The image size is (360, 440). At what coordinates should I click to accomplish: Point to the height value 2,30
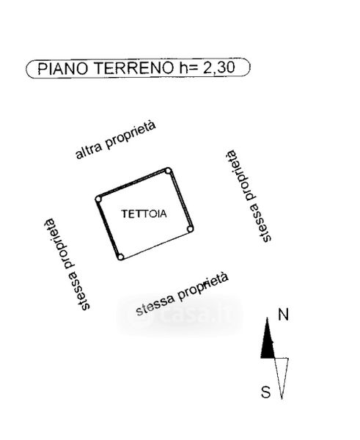(x=219, y=67)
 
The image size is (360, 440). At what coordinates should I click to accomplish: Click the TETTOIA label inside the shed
(x=144, y=214)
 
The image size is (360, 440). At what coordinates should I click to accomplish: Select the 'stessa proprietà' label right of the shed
(x=249, y=196)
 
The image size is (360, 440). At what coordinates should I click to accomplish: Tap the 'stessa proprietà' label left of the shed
(x=67, y=264)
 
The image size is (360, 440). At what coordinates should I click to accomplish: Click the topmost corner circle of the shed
(x=168, y=171)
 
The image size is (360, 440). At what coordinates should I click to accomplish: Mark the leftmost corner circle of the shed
(x=98, y=199)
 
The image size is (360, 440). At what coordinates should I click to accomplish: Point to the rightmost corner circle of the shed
(x=190, y=230)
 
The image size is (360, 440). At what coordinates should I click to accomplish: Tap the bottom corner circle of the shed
(x=120, y=257)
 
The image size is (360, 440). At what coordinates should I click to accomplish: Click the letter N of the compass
(x=283, y=315)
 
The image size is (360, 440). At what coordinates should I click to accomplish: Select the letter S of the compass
(x=265, y=392)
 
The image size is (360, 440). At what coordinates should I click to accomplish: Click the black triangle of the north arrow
(x=268, y=344)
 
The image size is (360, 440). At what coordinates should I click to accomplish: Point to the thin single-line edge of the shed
(x=155, y=243)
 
